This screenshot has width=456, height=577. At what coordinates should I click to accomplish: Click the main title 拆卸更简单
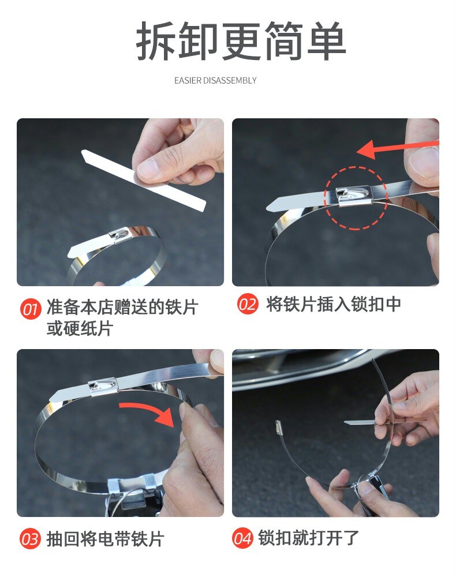click(241, 40)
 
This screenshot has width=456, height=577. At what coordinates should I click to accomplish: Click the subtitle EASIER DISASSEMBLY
click(215, 80)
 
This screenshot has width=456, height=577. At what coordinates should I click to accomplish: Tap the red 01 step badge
click(30, 309)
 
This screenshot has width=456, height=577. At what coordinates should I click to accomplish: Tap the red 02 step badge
click(247, 304)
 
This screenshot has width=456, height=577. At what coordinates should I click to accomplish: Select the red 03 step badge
click(30, 539)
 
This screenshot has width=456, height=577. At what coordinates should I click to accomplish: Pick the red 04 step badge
click(242, 538)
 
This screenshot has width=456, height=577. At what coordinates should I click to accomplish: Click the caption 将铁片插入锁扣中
click(334, 304)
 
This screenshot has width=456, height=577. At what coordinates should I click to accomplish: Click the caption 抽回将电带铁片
click(105, 539)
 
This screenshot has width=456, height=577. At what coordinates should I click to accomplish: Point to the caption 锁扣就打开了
click(308, 538)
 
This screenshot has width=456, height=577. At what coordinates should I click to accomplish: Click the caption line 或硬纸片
click(80, 328)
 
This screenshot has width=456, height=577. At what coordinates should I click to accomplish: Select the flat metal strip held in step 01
click(144, 179)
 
